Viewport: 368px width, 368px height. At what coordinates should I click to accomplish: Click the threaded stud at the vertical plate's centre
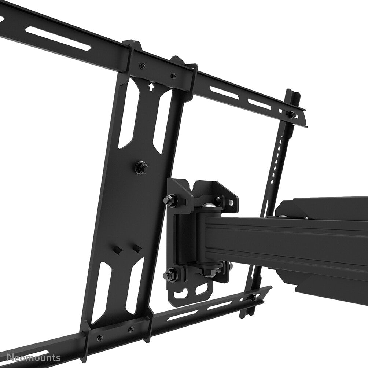[141, 168]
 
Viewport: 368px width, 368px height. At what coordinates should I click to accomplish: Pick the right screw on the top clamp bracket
[173, 76]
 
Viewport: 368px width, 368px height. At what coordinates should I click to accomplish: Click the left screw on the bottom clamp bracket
[99, 338]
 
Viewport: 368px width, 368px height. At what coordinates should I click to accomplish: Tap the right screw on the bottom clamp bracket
[130, 330]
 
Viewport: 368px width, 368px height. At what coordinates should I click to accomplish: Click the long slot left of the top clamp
[59, 38]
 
